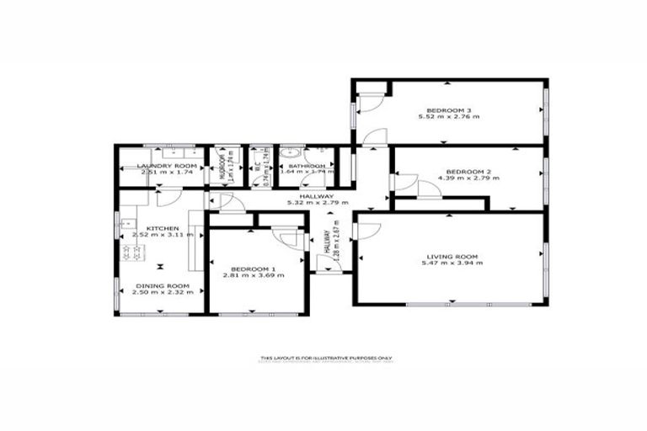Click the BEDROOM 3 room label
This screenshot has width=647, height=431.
coord(441,109)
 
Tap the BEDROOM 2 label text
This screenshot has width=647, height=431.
coord(462,172)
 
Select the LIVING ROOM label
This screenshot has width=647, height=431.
coord(452,256)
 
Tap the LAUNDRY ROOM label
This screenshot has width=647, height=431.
coord(167,166)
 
